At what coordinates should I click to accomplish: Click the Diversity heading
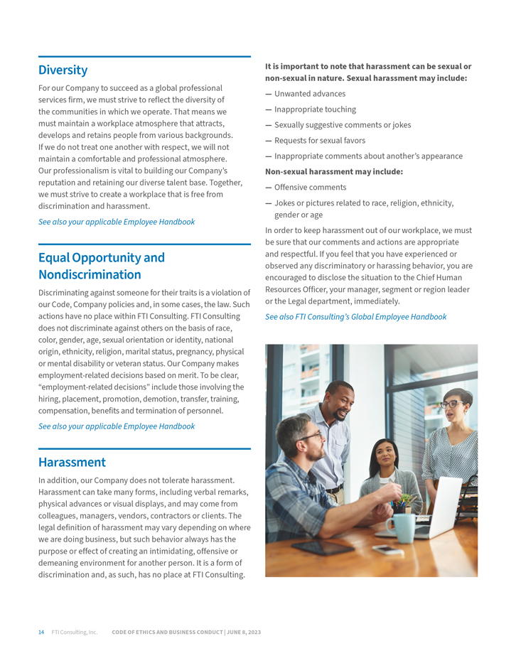[63, 70]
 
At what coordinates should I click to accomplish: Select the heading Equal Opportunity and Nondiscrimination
[101, 266]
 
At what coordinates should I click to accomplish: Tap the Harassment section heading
[72, 462]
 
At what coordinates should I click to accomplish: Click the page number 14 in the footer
[41, 632]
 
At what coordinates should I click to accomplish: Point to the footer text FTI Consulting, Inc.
[74, 632]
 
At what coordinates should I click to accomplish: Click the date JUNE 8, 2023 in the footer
[244, 632]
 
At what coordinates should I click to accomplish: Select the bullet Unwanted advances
[310, 94]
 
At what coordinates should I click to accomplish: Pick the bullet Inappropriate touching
[315, 109]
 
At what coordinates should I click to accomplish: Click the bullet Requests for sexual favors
[320, 141]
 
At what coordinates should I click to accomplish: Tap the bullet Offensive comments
[310, 188]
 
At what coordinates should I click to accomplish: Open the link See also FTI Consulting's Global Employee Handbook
[355, 317]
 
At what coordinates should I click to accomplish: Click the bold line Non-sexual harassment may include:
[334, 172]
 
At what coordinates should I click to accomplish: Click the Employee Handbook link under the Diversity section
[117, 222]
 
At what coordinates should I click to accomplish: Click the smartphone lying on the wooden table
[388, 550]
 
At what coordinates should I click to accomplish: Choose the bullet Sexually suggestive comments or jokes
[343, 125]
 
